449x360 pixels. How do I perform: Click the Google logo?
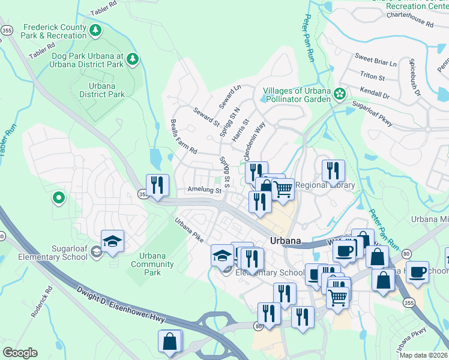[x=20, y=353]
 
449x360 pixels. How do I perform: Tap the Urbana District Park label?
[x=102, y=90]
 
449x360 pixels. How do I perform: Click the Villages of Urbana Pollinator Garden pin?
[x=340, y=94]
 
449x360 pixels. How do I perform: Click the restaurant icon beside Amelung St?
[x=157, y=185]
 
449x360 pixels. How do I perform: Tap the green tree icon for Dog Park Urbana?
[x=133, y=59]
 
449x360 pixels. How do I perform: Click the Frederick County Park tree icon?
[x=95, y=30]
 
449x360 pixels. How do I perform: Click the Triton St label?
[x=372, y=76]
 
